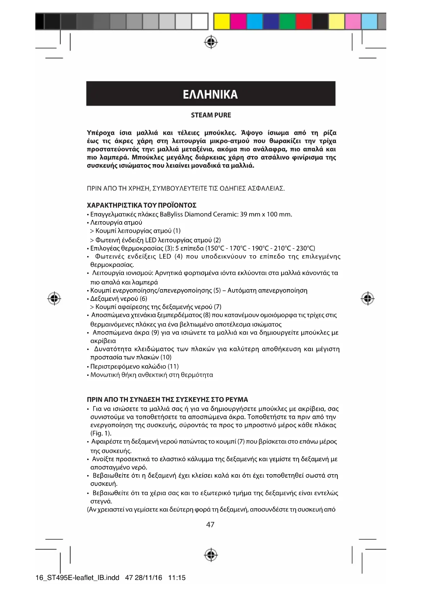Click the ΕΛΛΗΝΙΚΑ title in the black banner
click(x=210, y=94)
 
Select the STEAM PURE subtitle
click(x=211, y=115)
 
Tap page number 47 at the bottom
click(x=210, y=525)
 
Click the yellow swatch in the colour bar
click(x=222, y=21)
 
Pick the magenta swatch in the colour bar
click(x=238, y=21)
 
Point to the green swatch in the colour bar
click(x=287, y=21)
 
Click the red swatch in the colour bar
click(x=304, y=21)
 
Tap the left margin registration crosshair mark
click(x=54, y=298)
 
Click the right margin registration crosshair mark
click(x=367, y=298)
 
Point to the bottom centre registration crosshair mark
click(x=211, y=555)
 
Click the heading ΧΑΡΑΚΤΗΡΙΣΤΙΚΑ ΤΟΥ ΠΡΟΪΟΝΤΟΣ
click(x=141, y=206)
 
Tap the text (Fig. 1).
click(x=101, y=433)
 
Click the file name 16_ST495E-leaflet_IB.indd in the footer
click(x=77, y=578)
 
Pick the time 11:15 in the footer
click(x=177, y=578)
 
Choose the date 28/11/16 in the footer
click(x=149, y=578)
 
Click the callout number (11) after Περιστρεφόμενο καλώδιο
click(x=173, y=367)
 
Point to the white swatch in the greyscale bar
click(x=200, y=21)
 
